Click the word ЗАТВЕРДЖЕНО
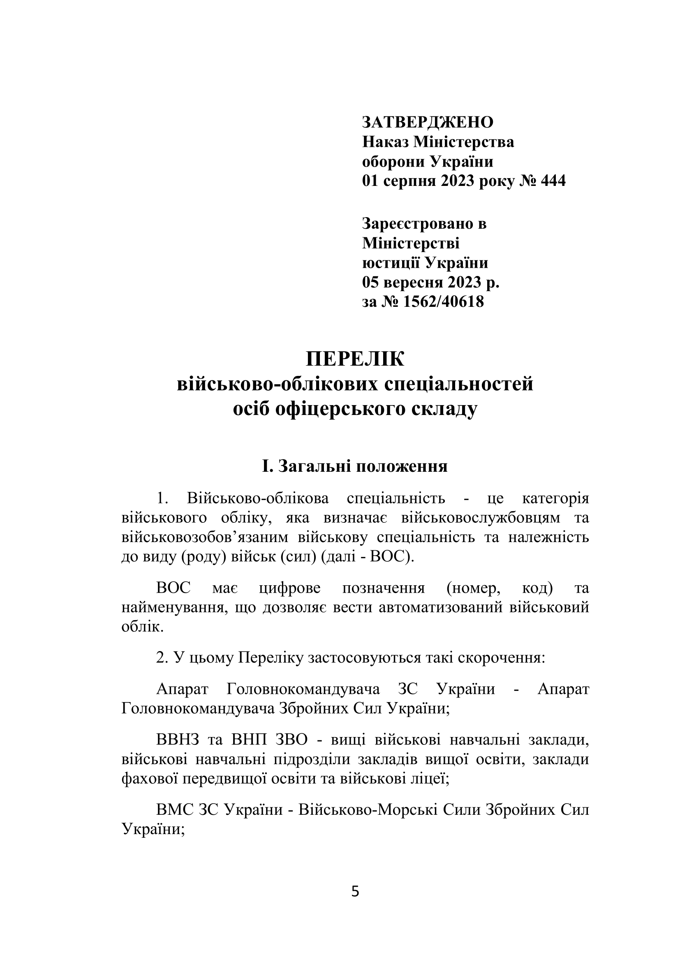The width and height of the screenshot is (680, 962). pyautogui.click(x=428, y=123)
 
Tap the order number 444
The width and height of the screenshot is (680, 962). pyautogui.click(x=553, y=181)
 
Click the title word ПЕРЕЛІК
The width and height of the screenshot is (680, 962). pyautogui.click(x=355, y=359)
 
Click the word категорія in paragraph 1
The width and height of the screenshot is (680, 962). pyautogui.click(x=556, y=498)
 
